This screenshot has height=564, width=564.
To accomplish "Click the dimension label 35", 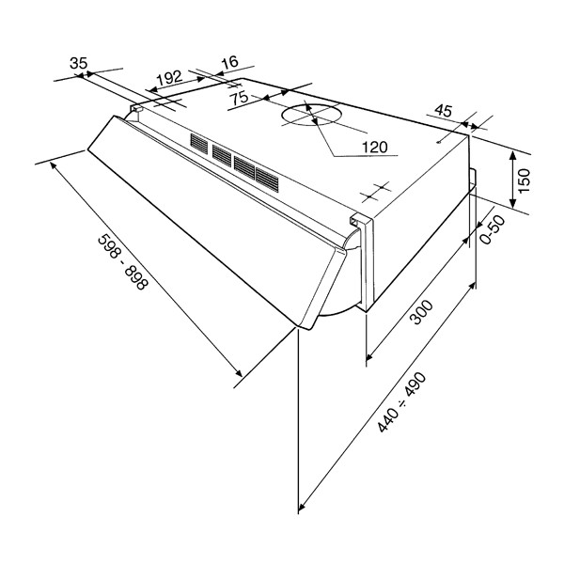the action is tap(78, 63).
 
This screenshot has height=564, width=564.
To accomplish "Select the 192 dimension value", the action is tap(170, 77).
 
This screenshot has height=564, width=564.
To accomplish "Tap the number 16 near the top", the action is tap(230, 62).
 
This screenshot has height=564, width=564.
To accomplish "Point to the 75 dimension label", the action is tap(239, 98).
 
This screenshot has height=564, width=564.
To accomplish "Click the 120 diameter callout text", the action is tap(374, 148).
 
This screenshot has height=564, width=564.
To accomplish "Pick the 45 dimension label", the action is tap(443, 111).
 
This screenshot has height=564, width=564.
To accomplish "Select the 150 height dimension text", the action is tap(525, 180).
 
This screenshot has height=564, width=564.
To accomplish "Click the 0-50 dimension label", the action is tap(493, 230).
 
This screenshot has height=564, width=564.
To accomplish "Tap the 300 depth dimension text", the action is tap(422, 313).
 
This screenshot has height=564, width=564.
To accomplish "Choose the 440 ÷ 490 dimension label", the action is tap(401, 403).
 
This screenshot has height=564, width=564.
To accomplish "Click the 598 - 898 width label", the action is tap(122, 261).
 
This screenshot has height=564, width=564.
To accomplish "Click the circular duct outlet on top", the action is tap(309, 115).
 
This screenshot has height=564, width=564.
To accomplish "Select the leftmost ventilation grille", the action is tap(199, 144).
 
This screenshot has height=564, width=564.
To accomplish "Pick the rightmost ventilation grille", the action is tap(267, 180).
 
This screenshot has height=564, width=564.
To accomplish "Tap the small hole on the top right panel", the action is tap(438, 143).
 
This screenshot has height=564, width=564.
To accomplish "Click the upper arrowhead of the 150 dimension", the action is tap(513, 155).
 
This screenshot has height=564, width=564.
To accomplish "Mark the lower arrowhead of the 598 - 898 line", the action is tap(239, 372).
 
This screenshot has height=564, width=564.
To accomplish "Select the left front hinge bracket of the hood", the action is tap(136, 109).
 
